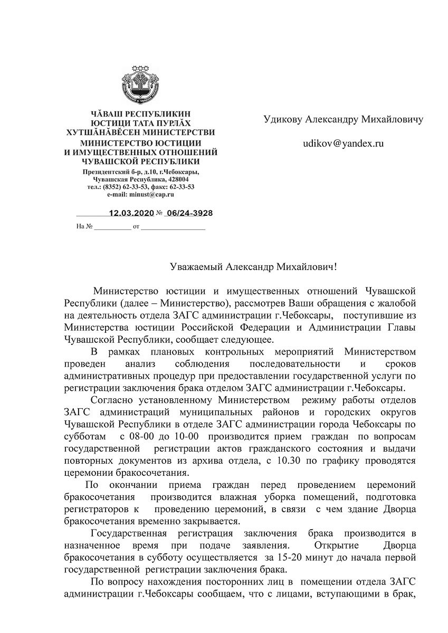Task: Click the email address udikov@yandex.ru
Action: (x=343, y=142)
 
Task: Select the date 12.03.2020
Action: (x=131, y=213)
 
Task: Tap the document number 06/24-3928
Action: (x=189, y=213)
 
